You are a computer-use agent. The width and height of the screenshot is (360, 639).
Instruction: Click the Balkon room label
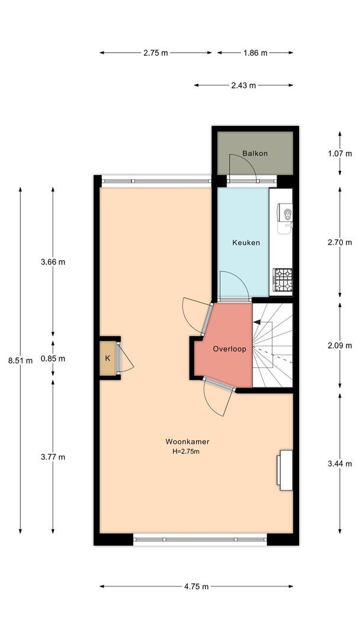(x=255, y=154)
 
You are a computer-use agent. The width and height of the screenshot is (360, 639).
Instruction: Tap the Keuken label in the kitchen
(x=246, y=243)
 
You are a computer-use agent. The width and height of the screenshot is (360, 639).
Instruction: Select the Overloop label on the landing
(x=230, y=349)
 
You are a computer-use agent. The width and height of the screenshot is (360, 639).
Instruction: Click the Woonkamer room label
(x=187, y=441)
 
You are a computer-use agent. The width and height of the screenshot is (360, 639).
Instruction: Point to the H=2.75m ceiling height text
(x=186, y=451)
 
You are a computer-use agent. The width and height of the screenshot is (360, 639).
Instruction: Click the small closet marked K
(x=108, y=358)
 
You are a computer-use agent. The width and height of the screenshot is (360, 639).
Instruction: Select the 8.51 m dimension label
(x=20, y=360)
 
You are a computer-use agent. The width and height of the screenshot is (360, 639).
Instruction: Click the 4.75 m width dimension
(x=197, y=586)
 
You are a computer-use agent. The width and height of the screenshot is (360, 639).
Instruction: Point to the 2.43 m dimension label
(x=244, y=85)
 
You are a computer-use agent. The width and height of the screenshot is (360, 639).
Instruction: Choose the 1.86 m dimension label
(x=255, y=53)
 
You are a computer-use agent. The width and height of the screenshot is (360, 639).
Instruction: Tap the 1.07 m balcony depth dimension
(x=340, y=154)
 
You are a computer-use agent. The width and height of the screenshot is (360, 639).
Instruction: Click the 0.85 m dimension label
(x=53, y=359)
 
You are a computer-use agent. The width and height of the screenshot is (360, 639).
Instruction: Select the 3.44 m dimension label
(x=340, y=463)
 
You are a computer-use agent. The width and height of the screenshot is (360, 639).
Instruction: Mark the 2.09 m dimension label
(x=340, y=346)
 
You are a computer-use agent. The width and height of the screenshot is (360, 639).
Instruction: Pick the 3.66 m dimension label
(x=53, y=262)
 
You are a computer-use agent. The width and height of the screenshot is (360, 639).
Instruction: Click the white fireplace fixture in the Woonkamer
(x=285, y=470)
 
